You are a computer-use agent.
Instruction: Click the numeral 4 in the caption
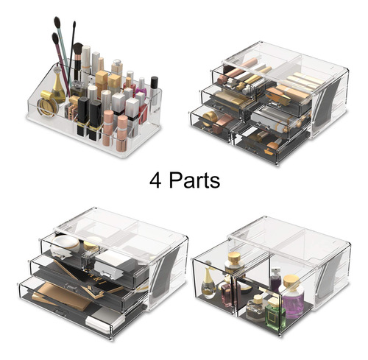click(x=155, y=180)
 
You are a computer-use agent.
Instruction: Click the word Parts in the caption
click(x=194, y=180)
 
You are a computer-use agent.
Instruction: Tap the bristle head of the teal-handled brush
click(x=57, y=22)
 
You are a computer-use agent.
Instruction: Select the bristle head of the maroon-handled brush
click(x=55, y=38)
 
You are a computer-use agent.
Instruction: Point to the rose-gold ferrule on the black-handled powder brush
click(x=78, y=57)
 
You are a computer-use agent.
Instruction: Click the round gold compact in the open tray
click(x=47, y=103)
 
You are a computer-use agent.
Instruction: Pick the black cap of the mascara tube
click(x=154, y=82)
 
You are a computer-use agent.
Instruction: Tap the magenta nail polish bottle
click(x=141, y=86)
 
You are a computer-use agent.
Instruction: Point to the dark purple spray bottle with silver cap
click(x=276, y=280)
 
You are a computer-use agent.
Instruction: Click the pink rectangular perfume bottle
click(x=226, y=294)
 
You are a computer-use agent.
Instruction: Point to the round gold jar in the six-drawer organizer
click(x=210, y=118)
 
